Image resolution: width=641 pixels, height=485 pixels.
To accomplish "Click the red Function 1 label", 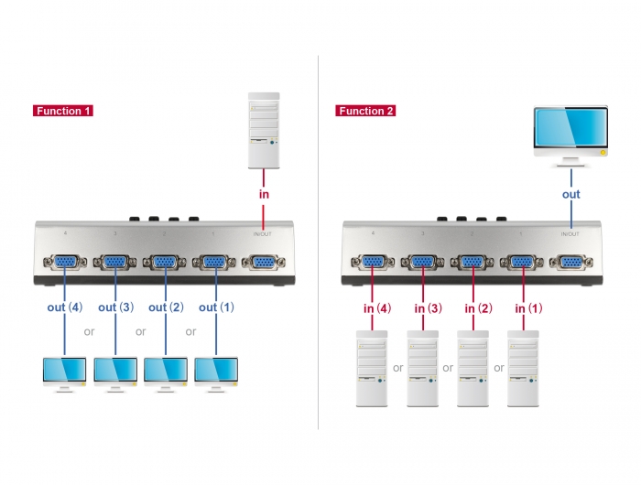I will click(63, 112).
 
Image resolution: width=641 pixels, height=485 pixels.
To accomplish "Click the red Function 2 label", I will click(365, 112).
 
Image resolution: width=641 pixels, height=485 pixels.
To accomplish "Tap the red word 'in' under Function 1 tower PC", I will click(265, 195).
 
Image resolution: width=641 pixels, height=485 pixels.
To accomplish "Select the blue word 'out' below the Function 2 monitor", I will click(571, 195).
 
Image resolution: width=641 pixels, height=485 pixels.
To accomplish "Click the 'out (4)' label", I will click(65, 307).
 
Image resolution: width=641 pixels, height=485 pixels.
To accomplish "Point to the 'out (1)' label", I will click(215, 307).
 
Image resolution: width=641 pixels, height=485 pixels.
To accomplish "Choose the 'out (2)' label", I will click(166, 307).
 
